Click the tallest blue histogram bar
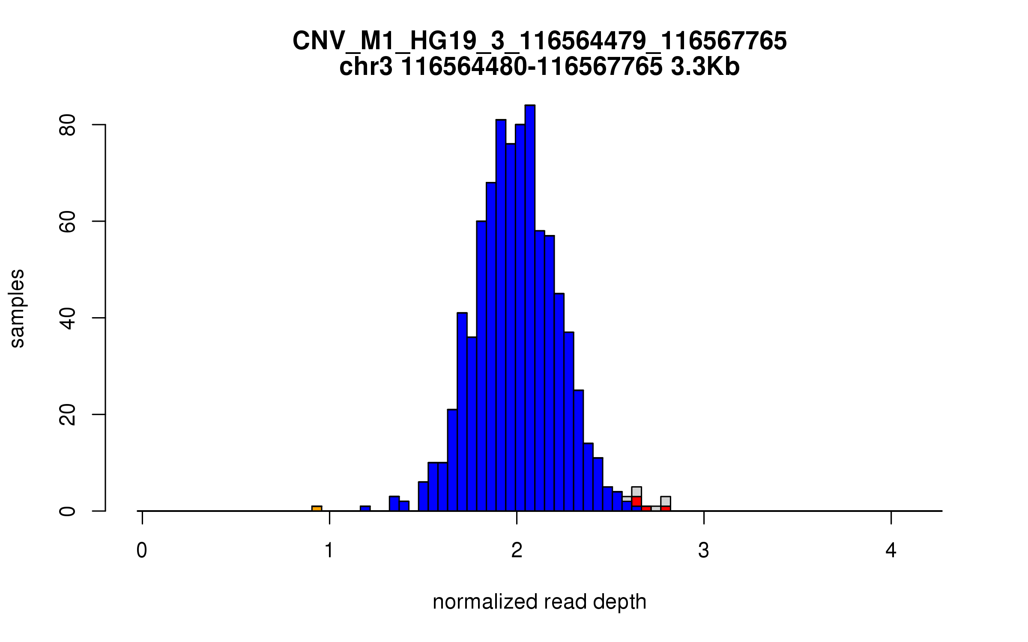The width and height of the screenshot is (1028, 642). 530,308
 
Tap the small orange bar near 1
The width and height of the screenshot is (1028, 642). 317,508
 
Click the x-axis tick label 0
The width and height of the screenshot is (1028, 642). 142,550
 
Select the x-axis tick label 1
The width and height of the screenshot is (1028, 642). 329,550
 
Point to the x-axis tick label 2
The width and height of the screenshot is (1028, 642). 517,550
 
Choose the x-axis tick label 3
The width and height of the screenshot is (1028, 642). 704,550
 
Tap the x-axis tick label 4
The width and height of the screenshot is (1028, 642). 891,550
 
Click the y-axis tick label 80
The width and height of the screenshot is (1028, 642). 67,125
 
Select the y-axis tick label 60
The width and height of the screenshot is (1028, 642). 67,221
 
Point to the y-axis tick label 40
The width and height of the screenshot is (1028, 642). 67,318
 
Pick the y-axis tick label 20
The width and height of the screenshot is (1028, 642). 67,414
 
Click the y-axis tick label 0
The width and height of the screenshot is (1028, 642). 67,511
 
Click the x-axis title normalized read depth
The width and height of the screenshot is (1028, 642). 539,602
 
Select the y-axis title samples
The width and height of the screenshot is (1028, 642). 17,308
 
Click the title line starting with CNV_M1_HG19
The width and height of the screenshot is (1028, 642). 539,41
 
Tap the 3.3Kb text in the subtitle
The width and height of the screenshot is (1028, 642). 705,67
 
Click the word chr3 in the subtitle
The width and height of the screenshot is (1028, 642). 365,67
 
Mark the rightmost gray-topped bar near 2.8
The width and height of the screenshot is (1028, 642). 665,502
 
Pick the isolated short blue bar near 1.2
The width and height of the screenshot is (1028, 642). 365,508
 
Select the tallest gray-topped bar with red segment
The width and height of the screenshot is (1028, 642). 637,496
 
